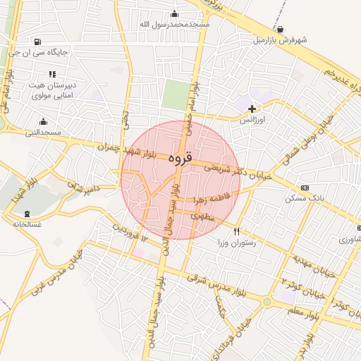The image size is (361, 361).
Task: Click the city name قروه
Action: [x=180, y=159]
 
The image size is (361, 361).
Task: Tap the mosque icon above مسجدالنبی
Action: [x=43, y=121]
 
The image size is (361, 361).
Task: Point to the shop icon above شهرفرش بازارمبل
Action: [x=281, y=29]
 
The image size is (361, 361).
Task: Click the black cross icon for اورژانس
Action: [x=252, y=109]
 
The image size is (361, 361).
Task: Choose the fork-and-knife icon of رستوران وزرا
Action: [x=237, y=231]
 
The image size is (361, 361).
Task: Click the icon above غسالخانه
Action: [x=27, y=214]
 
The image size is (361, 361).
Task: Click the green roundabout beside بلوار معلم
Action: [x=267, y=302]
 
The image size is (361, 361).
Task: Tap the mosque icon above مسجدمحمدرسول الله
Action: [x=175, y=13]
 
